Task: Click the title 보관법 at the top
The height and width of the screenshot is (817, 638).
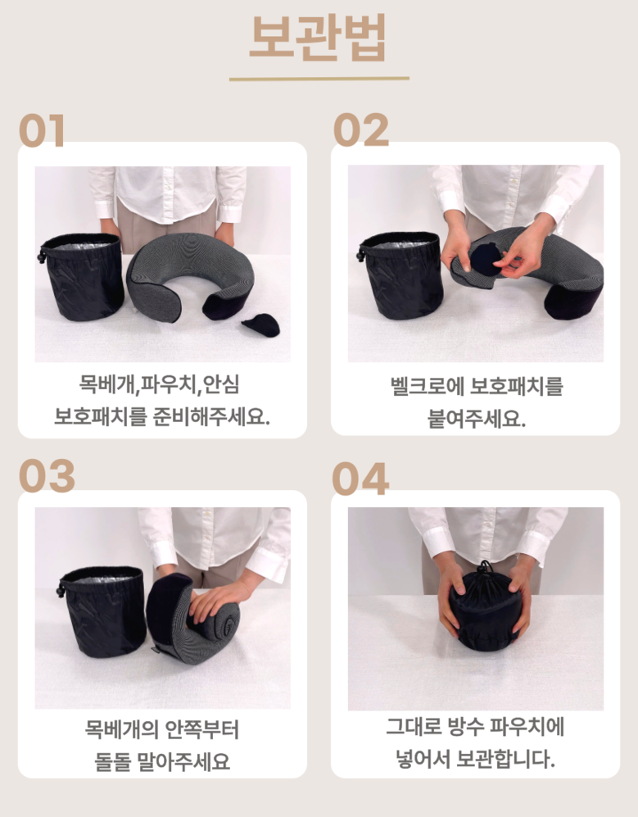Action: point(319,38)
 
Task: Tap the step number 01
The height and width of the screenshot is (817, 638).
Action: point(43,131)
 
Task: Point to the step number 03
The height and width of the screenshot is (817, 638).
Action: point(47,475)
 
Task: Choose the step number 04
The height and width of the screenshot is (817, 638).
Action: point(360,479)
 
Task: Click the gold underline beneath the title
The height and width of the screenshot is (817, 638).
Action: point(319,79)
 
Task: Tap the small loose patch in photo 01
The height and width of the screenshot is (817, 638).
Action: point(260,325)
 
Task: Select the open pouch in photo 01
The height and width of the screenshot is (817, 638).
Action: point(81,276)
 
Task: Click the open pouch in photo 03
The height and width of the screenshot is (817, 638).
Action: point(102,611)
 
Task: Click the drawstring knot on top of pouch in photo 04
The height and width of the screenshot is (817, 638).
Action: point(485,568)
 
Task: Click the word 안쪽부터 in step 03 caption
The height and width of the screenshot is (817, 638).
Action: point(201,729)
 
